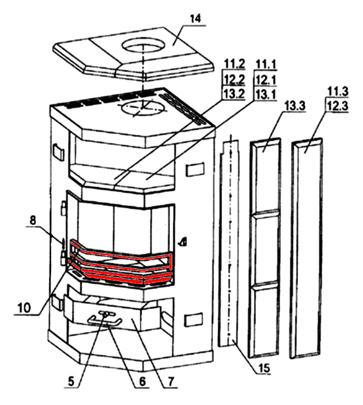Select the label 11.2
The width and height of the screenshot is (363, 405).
[234, 65]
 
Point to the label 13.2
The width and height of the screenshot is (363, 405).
[234, 94]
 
